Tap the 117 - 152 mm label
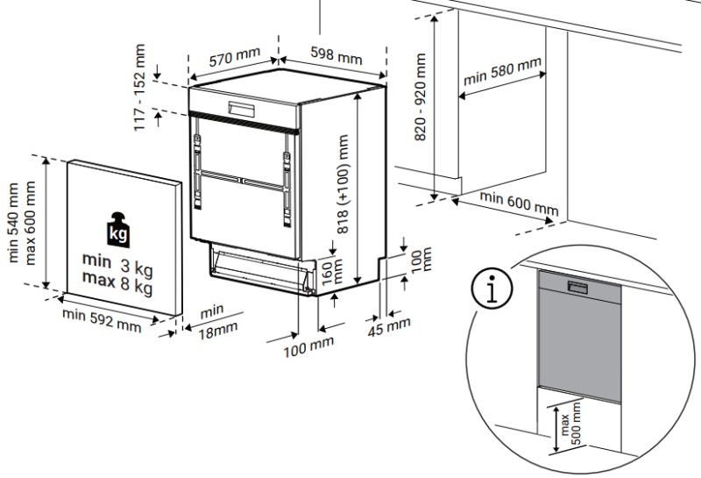(139, 88)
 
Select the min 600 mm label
(518, 204)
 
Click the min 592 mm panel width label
(102, 321)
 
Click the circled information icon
(492, 289)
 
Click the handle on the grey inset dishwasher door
(579, 287)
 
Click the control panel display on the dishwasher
(242, 110)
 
